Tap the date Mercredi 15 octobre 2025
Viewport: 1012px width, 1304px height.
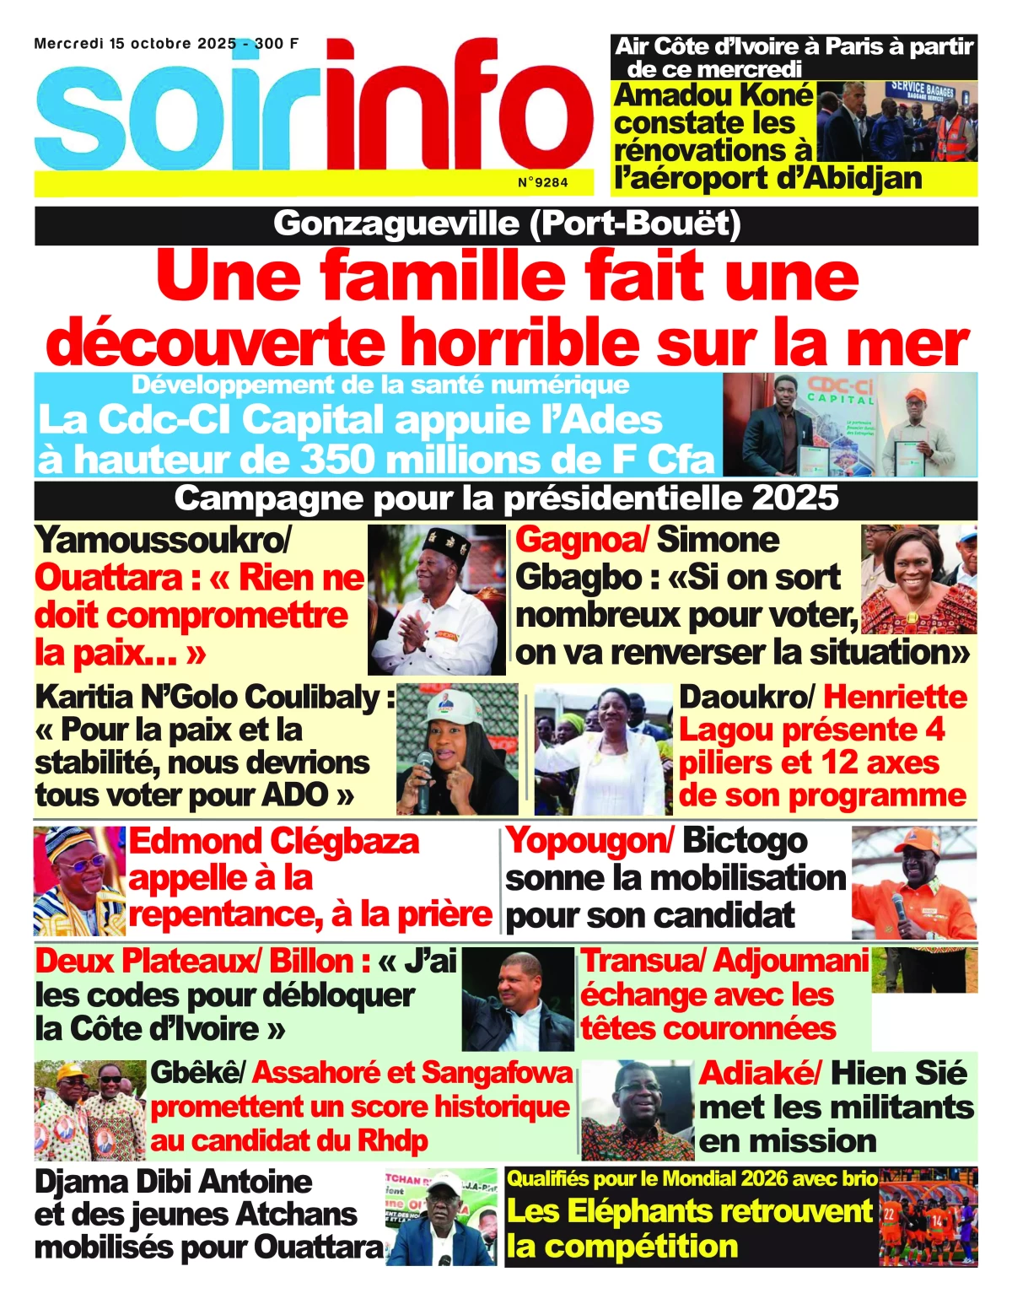point(135,44)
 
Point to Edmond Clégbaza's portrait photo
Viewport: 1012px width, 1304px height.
point(79,881)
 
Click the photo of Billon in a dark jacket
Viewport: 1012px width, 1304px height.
point(517,998)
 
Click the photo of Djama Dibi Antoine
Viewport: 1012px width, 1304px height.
point(442,1216)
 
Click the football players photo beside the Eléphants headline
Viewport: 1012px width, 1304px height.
point(927,1216)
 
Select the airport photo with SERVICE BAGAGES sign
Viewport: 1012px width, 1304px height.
point(896,121)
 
